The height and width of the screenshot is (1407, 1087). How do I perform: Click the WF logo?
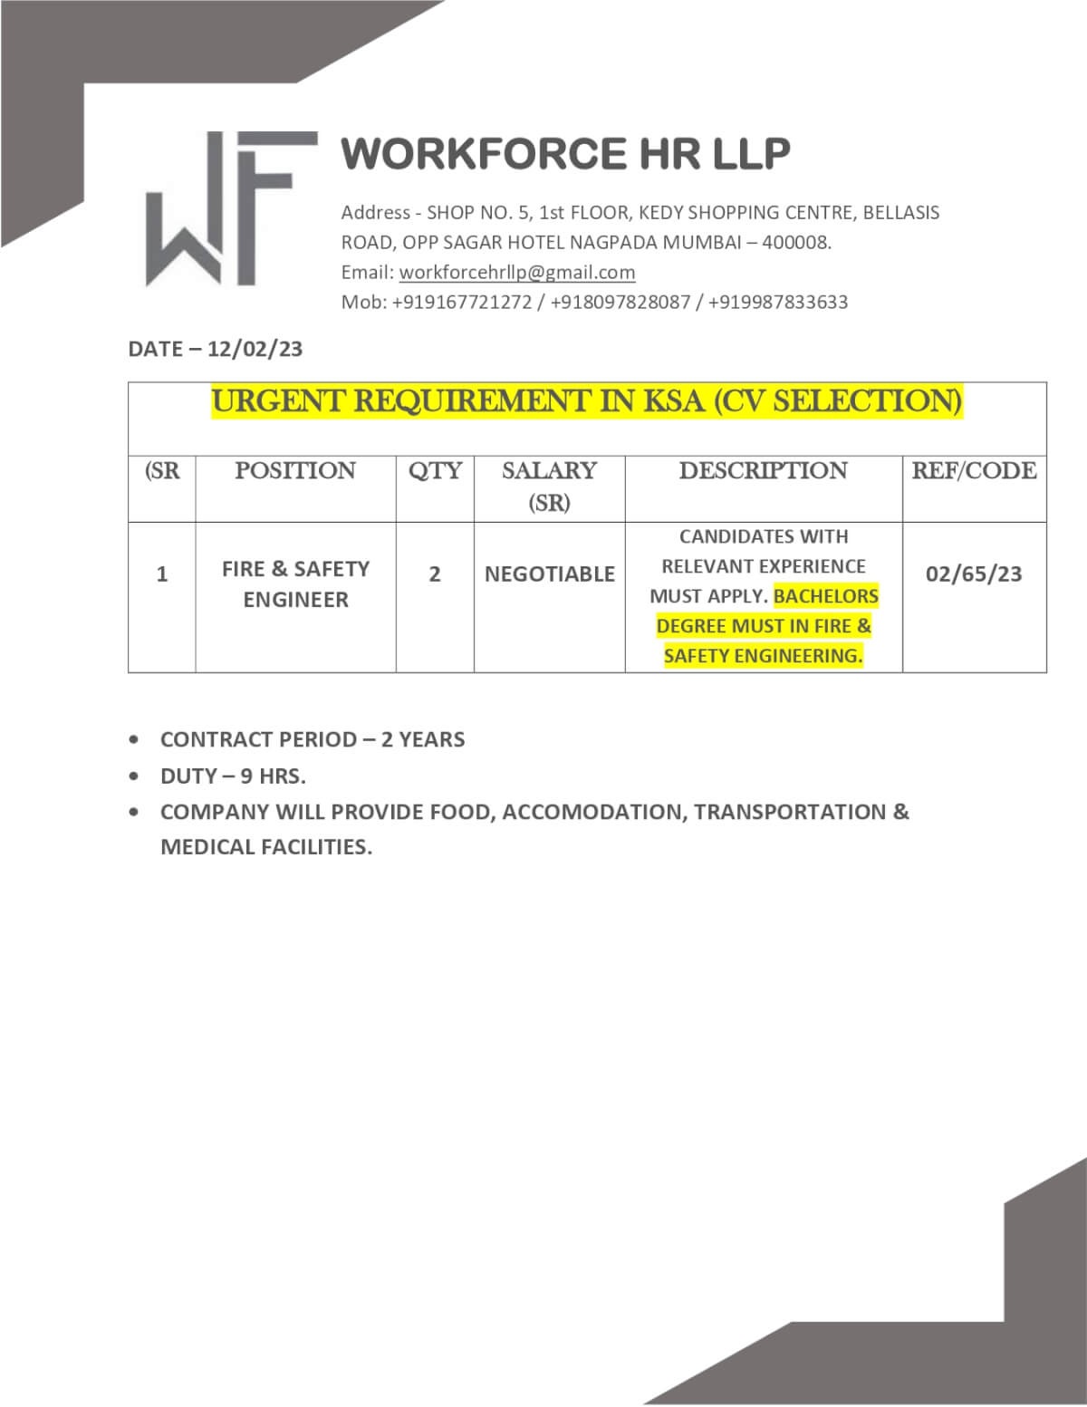pos(231,209)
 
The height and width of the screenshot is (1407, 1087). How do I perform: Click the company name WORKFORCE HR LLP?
pos(565,153)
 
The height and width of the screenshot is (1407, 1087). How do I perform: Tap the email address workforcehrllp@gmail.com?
pos(517,273)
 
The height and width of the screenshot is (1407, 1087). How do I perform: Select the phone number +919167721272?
pos(462,303)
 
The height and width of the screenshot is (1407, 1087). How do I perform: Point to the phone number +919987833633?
pos(778,303)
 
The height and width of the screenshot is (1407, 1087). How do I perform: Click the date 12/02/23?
pos(255,350)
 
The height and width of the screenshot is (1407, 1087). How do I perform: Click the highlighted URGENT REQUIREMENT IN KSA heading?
pos(587,401)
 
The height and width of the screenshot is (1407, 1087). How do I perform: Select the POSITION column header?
pos(295,471)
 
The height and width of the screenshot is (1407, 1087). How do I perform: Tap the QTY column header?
pos(435,471)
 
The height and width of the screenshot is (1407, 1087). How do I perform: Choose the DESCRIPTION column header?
pos(763,471)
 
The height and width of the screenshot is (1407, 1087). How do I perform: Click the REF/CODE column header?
pos(974,471)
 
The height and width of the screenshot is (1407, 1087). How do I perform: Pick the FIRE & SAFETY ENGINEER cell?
pos(295,584)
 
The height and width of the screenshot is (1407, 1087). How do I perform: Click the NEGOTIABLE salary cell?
pos(549,574)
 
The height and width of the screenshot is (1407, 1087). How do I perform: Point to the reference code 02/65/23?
pos(974,574)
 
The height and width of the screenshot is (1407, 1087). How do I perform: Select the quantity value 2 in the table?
pos(435,574)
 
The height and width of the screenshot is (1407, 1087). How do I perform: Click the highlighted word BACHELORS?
pos(826,596)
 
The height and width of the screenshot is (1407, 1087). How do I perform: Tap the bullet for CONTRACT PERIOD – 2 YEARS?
pos(135,740)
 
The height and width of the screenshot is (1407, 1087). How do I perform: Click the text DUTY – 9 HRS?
pos(233,776)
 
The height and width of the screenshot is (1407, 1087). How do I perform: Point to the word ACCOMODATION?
pos(594,812)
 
